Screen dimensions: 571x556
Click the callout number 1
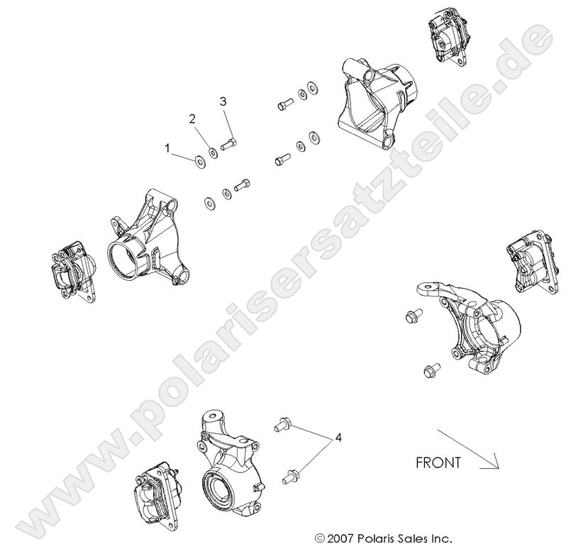pos(167,148)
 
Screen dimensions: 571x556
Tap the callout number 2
pos(192,118)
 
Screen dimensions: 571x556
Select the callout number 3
pos(223,101)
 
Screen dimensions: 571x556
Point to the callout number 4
pos(338,438)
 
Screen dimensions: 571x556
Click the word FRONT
pos(438,463)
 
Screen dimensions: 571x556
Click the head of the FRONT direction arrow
pos(498,467)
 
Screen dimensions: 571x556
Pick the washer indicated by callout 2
pos(213,152)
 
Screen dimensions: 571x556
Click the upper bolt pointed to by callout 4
pos(282,424)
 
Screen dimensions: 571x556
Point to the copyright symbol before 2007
pos(320,538)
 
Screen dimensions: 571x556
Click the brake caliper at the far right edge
pos(533,262)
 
